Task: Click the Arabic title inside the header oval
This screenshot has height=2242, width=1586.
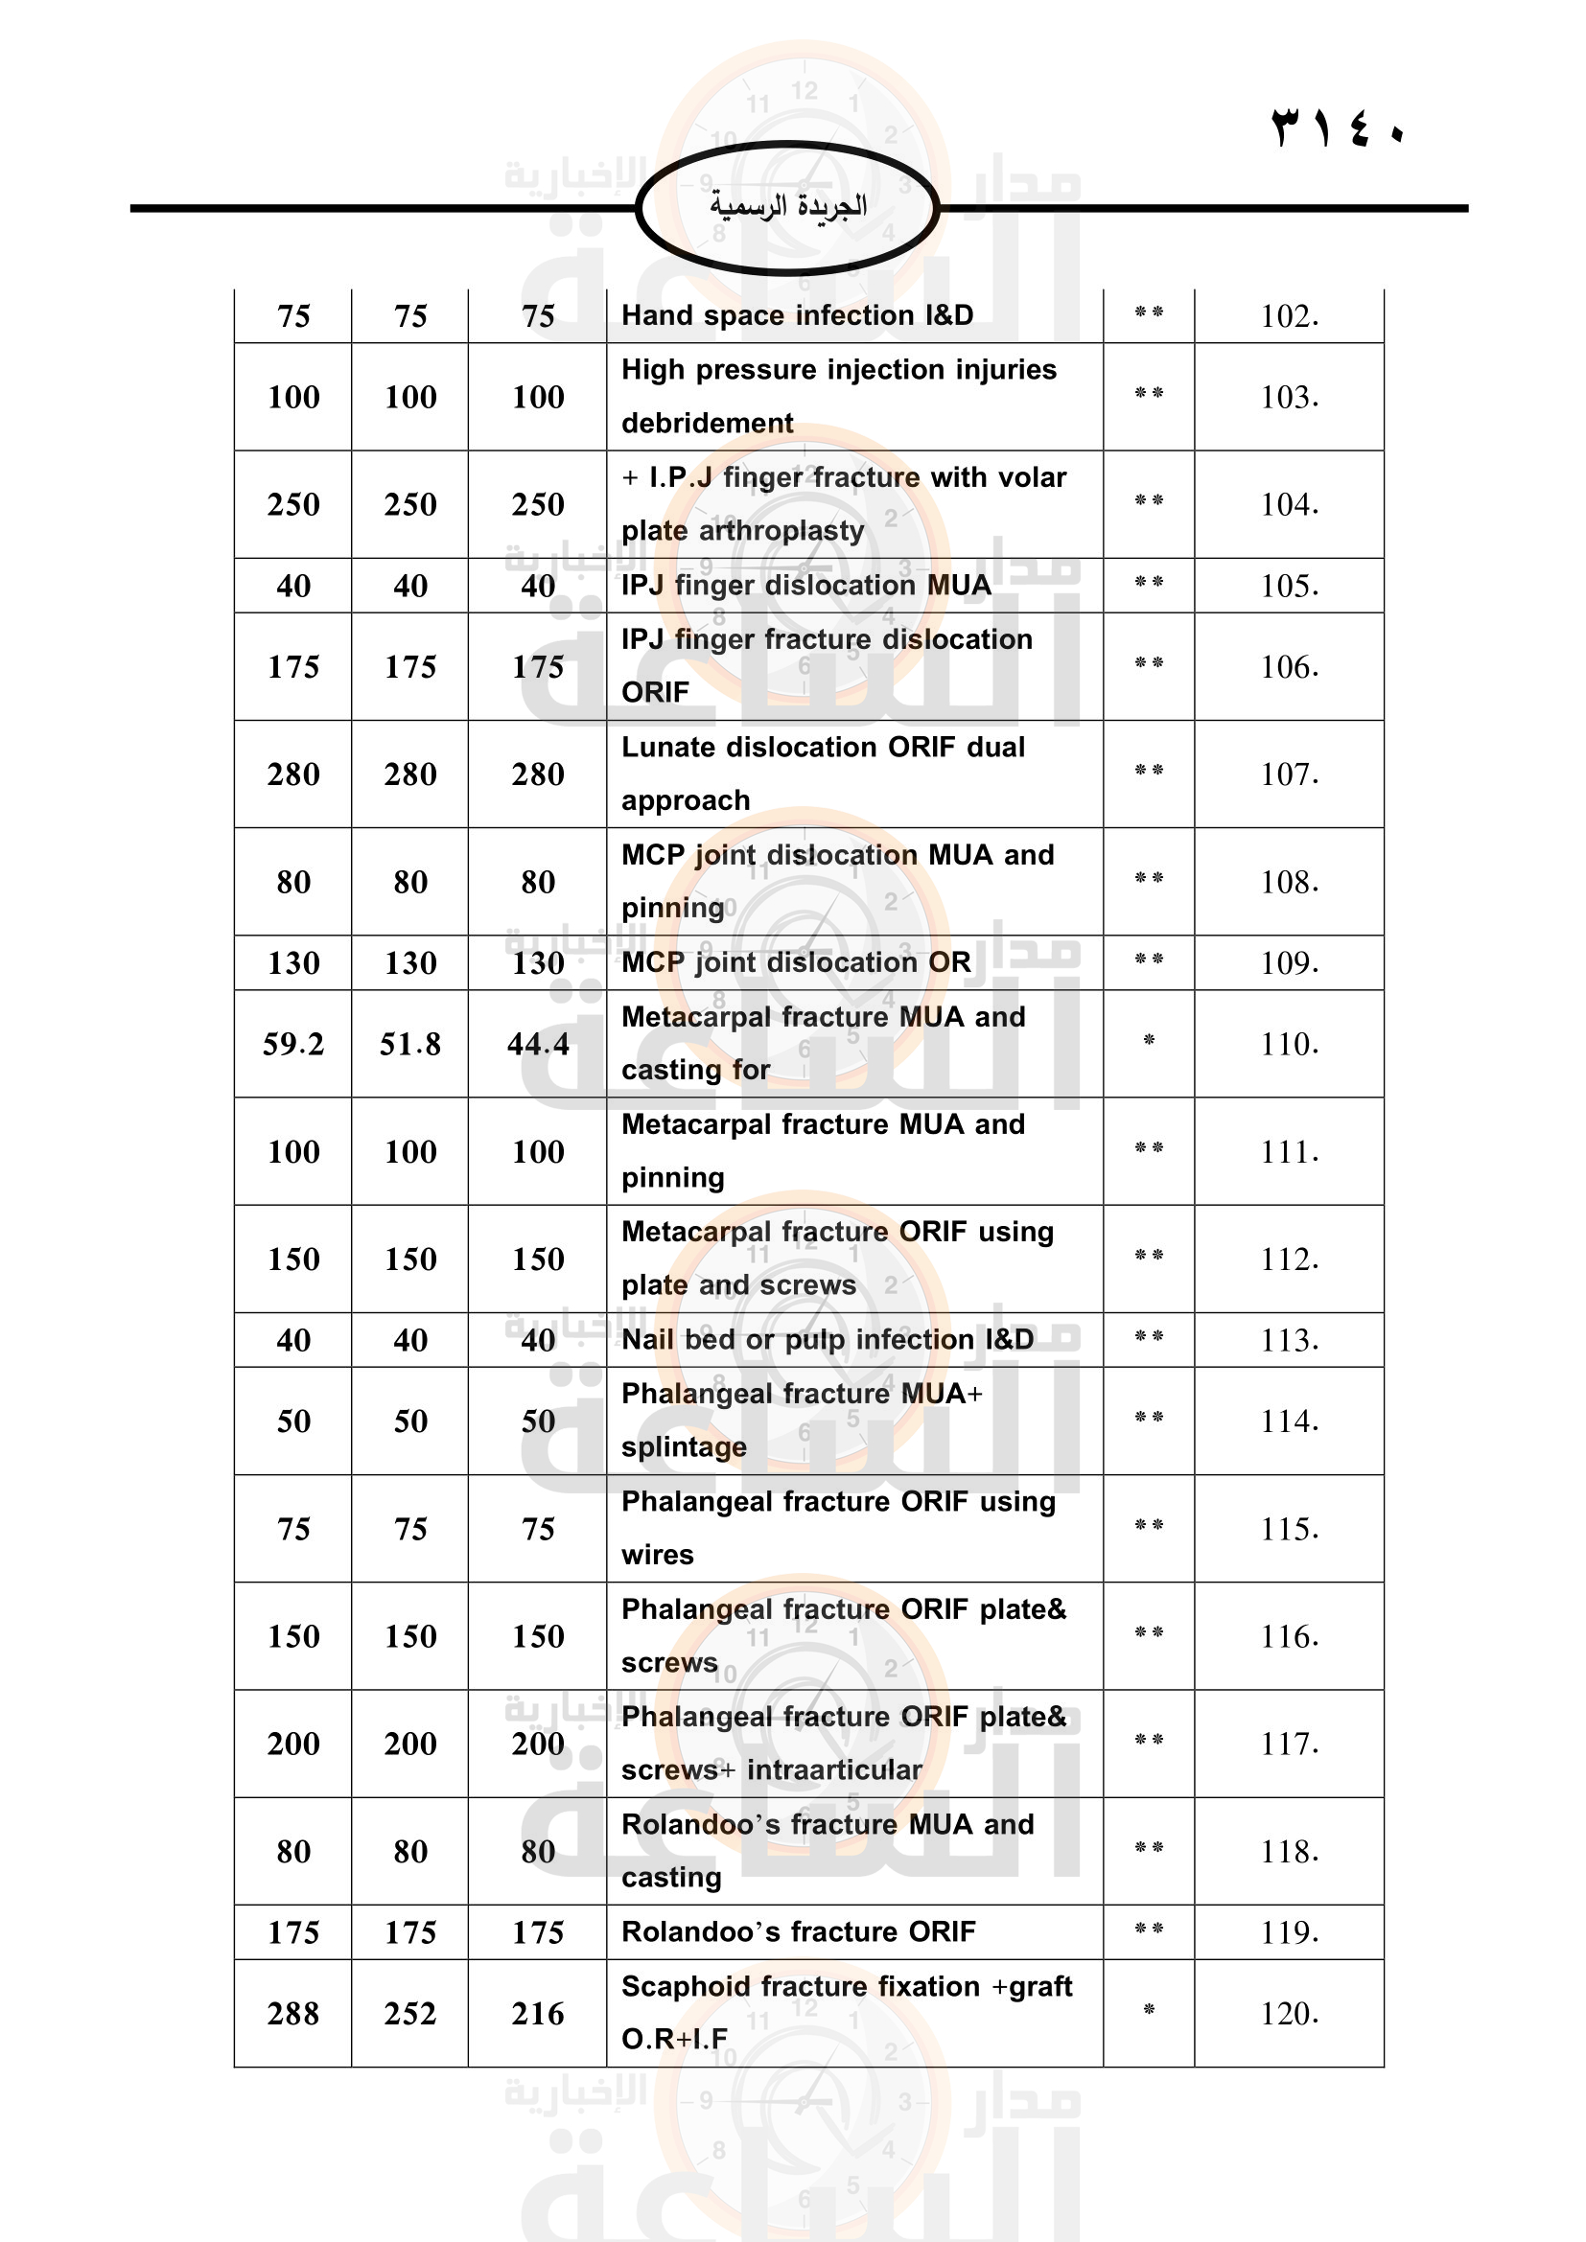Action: [x=787, y=206]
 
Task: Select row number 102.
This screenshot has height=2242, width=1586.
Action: [x=1289, y=316]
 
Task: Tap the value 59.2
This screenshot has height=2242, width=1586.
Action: [x=293, y=1044]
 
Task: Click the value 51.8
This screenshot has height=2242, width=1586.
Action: [x=410, y=1044]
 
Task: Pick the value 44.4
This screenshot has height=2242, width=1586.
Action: [x=538, y=1044]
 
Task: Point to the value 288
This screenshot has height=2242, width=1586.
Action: [x=293, y=2014]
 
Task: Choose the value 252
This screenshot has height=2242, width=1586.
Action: [x=410, y=2014]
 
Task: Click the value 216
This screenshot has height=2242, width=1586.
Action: [x=538, y=2014]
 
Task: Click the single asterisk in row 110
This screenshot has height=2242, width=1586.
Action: [x=1149, y=1041]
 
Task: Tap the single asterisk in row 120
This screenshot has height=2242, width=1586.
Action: [x=1149, y=2010]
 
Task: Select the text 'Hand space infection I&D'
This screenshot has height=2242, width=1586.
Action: [x=797, y=315]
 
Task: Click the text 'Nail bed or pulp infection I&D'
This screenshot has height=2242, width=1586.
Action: [x=828, y=1339]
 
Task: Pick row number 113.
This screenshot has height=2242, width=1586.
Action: [x=1289, y=1340]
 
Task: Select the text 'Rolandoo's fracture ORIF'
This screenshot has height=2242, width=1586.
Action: [x=798, y=1931]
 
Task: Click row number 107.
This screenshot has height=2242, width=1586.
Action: [x=1289, y=774]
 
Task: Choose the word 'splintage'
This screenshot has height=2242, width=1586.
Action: [x=684, y=1447]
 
